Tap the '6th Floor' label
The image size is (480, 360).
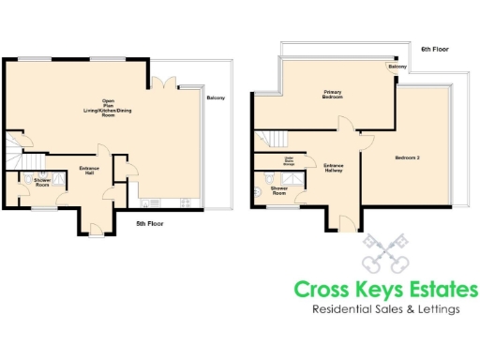pos(434,48)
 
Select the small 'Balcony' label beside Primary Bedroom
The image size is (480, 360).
pos(397,67)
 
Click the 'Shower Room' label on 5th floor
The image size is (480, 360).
pos(42,182)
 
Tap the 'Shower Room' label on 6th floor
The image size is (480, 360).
pos(279,190)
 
